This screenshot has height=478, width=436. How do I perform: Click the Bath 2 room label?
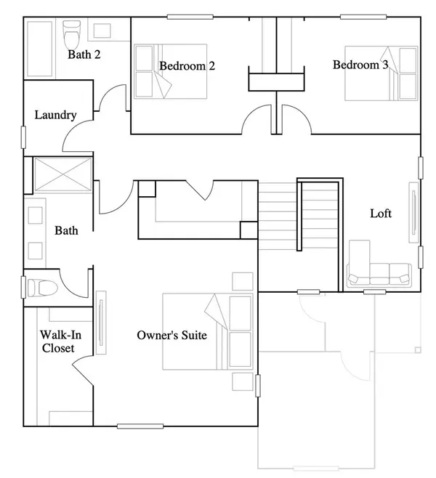[84, 54]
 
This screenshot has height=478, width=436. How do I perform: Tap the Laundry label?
[55, 115]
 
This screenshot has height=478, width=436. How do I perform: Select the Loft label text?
[381, 214]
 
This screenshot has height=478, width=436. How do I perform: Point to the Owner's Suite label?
[172, 335]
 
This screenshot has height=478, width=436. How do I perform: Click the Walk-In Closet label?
[60, 341]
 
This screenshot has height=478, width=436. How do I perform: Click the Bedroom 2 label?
[187, 66]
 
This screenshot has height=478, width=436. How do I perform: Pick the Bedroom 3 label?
[360, 65]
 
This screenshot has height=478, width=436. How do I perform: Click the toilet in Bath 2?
[72, 33]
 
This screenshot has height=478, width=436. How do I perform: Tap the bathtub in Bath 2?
[40, 49]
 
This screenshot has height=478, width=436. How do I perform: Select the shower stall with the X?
[62, 174]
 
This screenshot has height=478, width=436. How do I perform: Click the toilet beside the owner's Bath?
[42, 288]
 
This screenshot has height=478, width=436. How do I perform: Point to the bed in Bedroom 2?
[171, 71]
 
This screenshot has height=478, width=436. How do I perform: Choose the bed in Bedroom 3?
[381, 73]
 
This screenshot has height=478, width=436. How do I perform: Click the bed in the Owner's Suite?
[208, 331]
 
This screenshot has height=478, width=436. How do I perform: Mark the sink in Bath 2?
[102, 31]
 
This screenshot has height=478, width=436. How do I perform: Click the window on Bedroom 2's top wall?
[190, 17]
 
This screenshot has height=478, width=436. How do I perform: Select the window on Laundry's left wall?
[23, 137]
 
